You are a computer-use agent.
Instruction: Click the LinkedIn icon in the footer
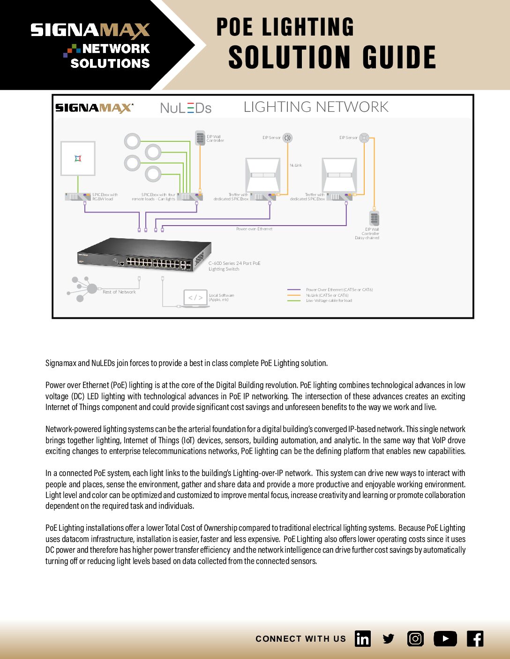(363, 639)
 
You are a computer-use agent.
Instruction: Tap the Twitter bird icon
(389, 639)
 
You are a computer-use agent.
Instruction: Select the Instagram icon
(415, 639)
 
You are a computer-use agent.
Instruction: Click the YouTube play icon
(445, 639)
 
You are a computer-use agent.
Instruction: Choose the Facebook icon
(475, 639)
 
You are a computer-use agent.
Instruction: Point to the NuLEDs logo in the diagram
(186, 108)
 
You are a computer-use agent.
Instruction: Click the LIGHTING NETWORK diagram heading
(316, 107)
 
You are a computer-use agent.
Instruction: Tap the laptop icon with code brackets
(195, 298)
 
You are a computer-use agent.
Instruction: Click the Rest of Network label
(119, 292)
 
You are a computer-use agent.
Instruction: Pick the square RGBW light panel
(78, 159)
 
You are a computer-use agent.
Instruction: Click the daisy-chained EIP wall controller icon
(374, 218)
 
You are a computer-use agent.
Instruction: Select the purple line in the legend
(294, 290)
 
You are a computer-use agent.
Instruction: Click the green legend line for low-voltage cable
(294, 301)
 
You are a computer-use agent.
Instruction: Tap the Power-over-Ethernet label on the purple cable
(254, 229)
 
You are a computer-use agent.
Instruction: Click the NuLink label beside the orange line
(296, 165)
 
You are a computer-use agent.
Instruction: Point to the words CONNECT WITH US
(300, 639)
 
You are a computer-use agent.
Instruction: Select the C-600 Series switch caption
(234, 266)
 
